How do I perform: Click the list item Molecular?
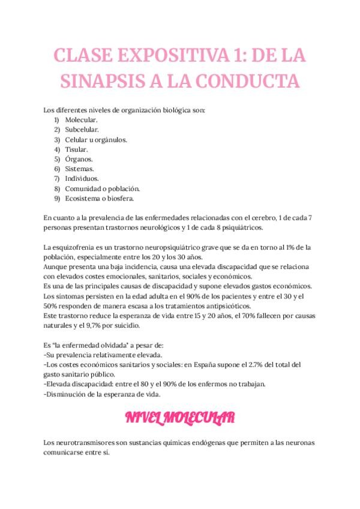82,120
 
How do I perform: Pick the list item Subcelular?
83,130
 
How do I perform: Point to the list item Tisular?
77,149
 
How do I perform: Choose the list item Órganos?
79,159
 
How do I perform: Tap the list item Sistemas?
80,169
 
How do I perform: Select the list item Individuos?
82,178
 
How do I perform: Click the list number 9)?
57,197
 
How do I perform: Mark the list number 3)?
57,139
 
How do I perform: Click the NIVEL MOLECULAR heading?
180,417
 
